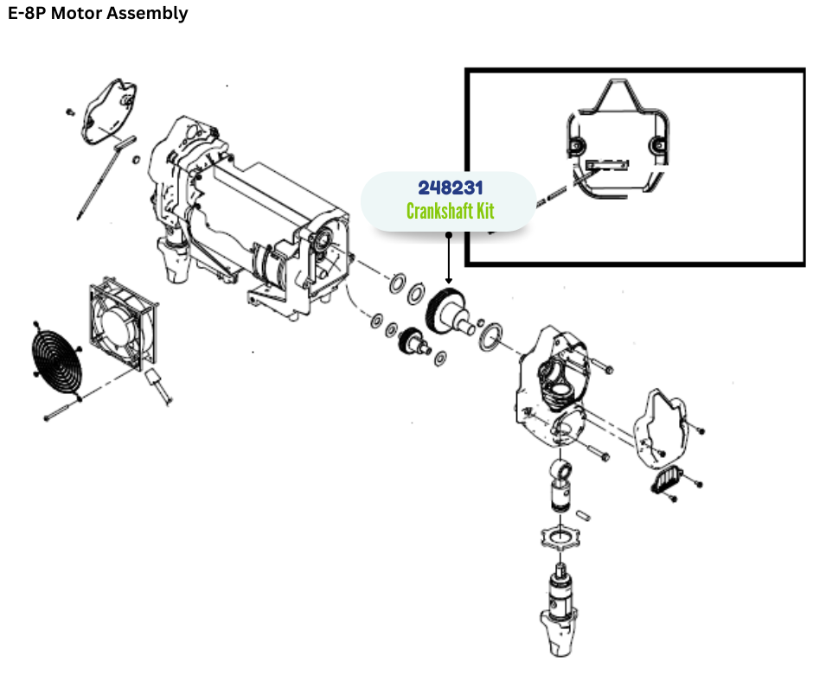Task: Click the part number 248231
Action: (448, 188)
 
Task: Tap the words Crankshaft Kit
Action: (450, 210)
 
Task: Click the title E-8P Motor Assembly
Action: (98, 14)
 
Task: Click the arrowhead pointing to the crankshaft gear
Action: (448, 280)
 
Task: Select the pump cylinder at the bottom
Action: (558, 605)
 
